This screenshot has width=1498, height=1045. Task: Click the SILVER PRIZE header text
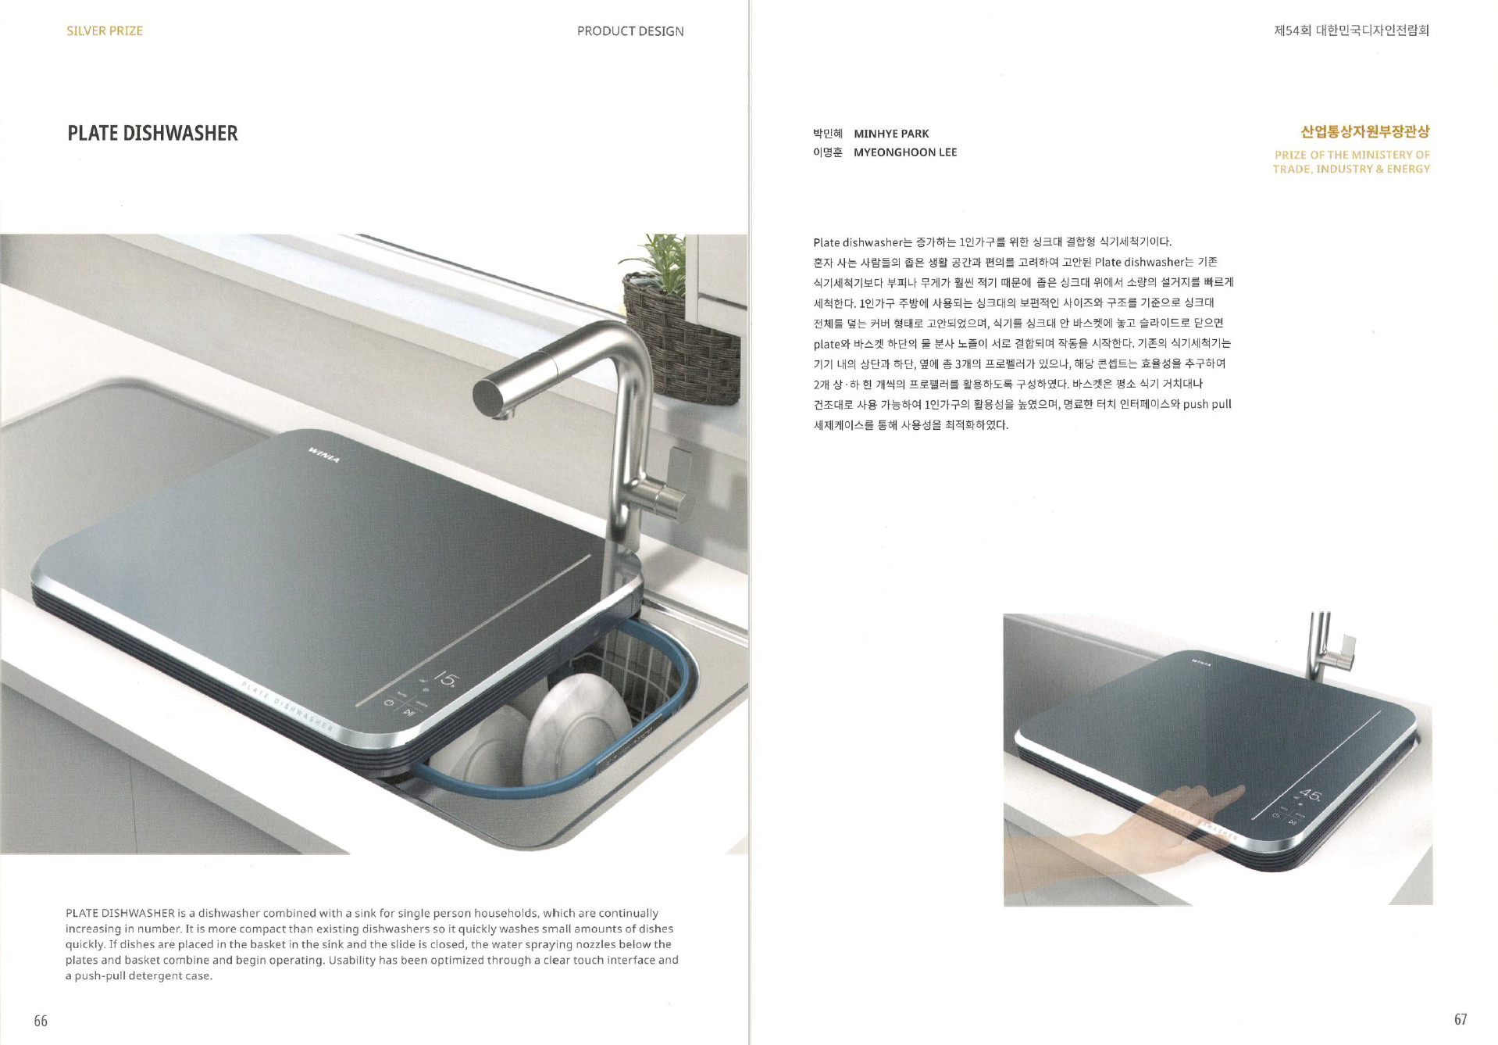[x=105, y=31]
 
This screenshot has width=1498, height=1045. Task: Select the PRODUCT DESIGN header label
[x=630, y=31]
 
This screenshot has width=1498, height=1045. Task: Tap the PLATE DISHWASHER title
[x=152, y=133]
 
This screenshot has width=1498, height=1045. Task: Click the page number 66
[x=41, y=1021]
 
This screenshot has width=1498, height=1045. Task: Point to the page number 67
[x=1461, y=1019]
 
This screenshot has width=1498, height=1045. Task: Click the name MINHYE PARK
[x=891, y=134]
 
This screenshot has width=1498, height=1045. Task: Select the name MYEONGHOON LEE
[x=905, y=152]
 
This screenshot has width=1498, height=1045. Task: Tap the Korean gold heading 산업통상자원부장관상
[x=1365, y=131]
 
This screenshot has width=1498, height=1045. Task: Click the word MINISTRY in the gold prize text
[x=1382, y=155]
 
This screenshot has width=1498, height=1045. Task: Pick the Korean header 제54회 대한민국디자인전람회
[x=1351, y=30]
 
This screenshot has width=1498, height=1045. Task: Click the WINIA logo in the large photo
[x=324, y=455]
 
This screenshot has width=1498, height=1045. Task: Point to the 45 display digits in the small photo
[x=1311, y=797]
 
